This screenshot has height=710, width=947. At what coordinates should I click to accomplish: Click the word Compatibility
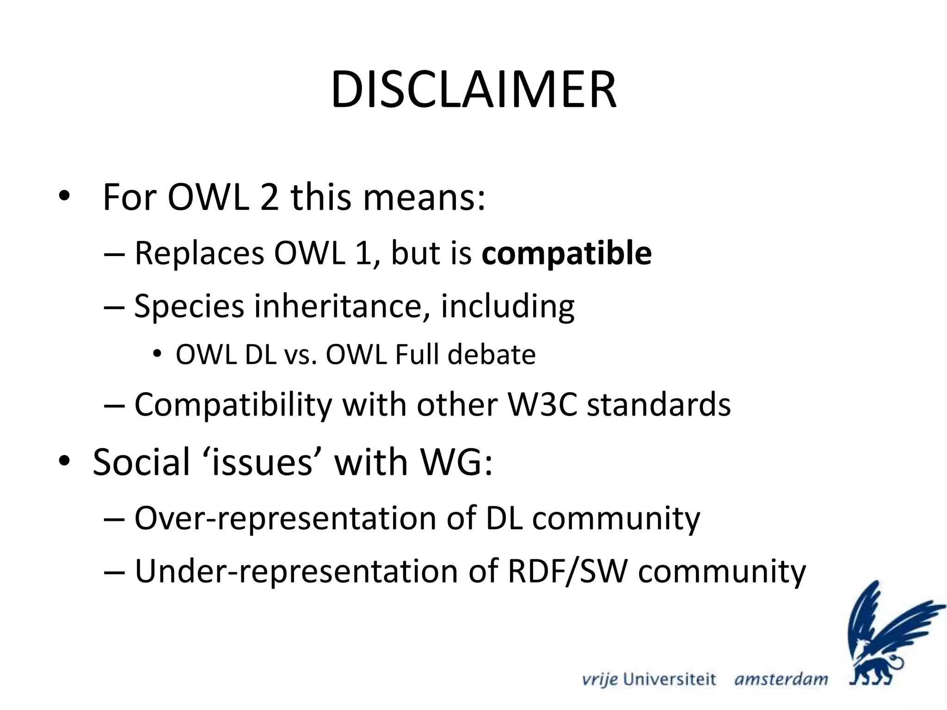point(233,404)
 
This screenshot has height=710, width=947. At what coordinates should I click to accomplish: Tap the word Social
point(141,462)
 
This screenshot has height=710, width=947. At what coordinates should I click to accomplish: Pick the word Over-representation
point(285,518)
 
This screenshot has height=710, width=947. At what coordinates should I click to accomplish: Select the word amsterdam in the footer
point(781,679)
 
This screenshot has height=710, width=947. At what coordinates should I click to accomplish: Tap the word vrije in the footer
point(600,679)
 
